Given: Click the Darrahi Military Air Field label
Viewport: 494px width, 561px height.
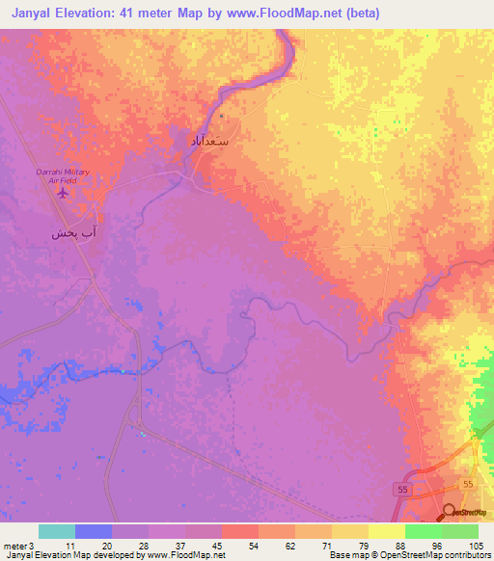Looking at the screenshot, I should pyautogui.click(x=63, y=174).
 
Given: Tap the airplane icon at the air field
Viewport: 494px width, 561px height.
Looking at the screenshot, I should pyautogui.click(x=63, y=192).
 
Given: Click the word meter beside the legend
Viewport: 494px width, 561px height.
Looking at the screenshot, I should pyautogui.click(x=14, y=546).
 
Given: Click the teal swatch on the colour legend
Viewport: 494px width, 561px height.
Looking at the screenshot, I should pyautogui.click(x=57, y=531).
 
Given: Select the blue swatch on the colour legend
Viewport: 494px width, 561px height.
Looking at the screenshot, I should pyautogui.click(x=94, y=531).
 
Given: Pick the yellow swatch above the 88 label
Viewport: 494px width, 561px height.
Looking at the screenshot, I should pyautogui.click(x=386, y=531).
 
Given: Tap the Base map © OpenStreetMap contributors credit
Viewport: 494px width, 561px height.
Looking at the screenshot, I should pyautogui.click(x=408, y=555).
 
